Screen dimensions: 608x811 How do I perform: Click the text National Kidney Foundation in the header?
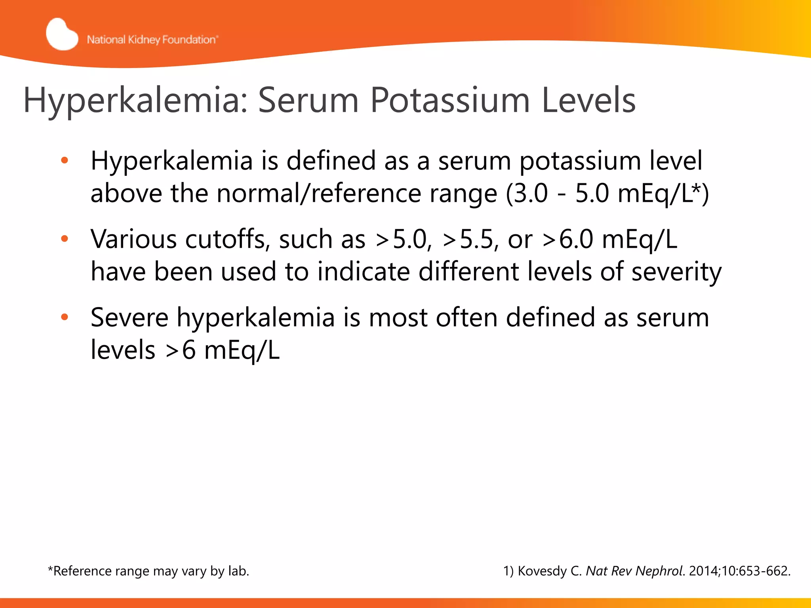(x=152, y=40)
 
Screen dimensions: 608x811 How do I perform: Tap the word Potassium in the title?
(x=450, y=101)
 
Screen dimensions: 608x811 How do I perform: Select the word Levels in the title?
(x=588, y=101)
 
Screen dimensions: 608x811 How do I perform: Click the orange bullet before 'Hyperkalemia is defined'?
(x=65, y=161)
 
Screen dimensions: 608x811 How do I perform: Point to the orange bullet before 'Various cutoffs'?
(x=65, y=239)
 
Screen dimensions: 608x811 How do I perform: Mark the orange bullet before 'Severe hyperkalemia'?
(x=65, y=317)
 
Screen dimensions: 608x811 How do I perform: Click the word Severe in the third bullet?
(x=129, y=317)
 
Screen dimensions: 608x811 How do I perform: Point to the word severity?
(x=676, y=272)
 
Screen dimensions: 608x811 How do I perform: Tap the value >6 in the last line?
(x=181, y=350)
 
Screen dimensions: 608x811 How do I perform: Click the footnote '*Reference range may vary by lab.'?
(x=148, y=571)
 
